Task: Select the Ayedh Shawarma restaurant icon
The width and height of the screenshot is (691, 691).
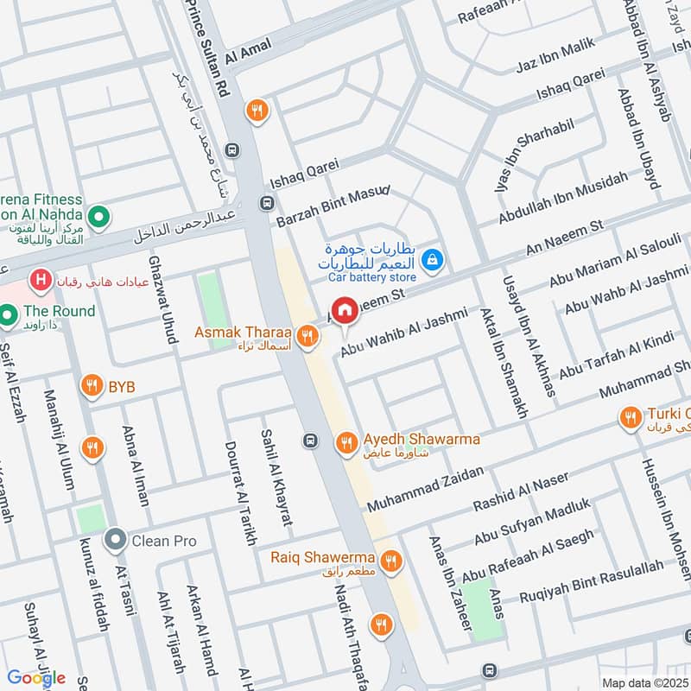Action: point(345,442)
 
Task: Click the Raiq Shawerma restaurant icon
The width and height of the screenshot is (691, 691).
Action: point(392,560)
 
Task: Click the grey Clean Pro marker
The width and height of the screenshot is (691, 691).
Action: point(115,542)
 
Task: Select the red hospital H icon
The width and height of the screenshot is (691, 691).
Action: point(38,280)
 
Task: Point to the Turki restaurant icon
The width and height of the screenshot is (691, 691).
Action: point(631,418)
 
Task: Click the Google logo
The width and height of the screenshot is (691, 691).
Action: point(36,678)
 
